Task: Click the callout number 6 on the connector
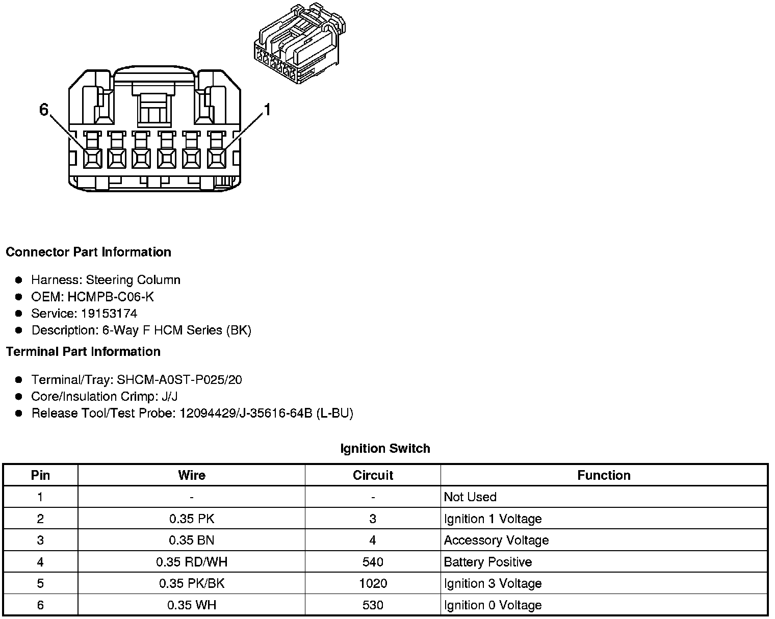pos(44,110)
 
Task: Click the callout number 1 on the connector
pos(267,110)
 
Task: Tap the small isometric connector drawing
pos(299,45)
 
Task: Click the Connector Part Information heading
pos(89,252)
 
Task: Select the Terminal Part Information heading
pos(83,352)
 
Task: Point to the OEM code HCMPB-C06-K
pos(111,297)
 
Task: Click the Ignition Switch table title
pos(385,449)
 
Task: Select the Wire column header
pos(192,475)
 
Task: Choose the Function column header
pos(604,475)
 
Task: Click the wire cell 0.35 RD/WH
pos(192,562)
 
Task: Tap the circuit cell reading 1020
pos(373,583)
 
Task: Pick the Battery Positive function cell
pos(488,562)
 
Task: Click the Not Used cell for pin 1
pos(470,497)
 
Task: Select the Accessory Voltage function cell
pos(496,540)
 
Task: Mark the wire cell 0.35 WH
pos(192,605)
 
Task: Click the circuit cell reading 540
pos(373,562)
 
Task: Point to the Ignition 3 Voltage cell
pos(493,583)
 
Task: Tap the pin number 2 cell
pos(40,519)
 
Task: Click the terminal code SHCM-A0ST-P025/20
pos(179,380)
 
